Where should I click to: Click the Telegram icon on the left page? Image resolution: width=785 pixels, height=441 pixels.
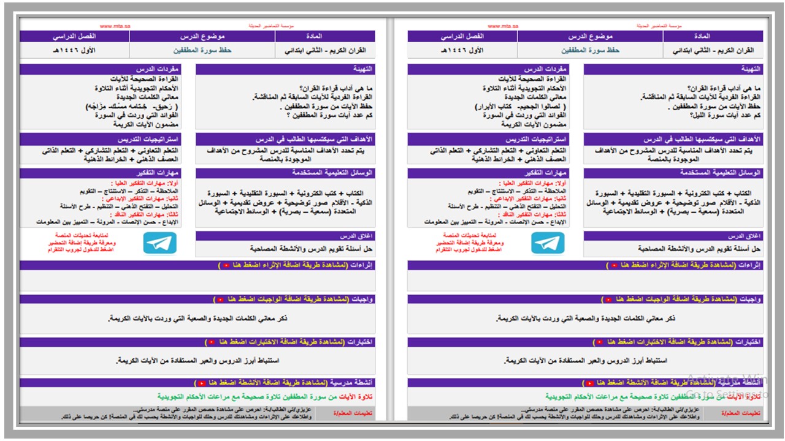[160, 243]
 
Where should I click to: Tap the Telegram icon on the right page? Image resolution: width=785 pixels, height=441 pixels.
[548, 243]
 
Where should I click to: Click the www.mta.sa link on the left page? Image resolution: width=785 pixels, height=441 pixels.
[115, 26]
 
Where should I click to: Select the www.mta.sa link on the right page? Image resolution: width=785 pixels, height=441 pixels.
[503, 26]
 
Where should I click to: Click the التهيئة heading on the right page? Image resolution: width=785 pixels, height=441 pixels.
[749, 70]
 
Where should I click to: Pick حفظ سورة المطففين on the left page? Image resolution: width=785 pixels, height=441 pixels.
[202, 50]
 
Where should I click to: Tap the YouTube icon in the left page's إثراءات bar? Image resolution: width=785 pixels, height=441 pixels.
[226, 266]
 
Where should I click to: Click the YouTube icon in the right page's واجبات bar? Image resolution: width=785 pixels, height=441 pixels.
[608, 300]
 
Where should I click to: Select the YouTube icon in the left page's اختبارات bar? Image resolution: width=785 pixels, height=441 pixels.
[211, 342]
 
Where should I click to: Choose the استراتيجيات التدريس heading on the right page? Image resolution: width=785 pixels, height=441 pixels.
[537, 140]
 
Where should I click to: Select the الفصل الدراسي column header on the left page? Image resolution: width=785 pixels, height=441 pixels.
[74, 36]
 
